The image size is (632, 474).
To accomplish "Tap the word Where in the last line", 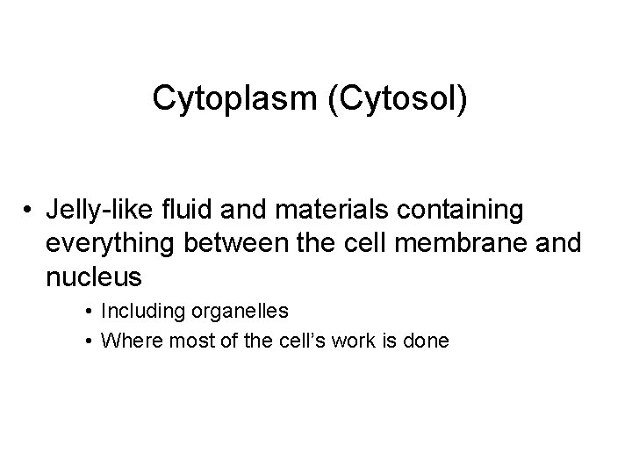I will coord(126,340).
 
